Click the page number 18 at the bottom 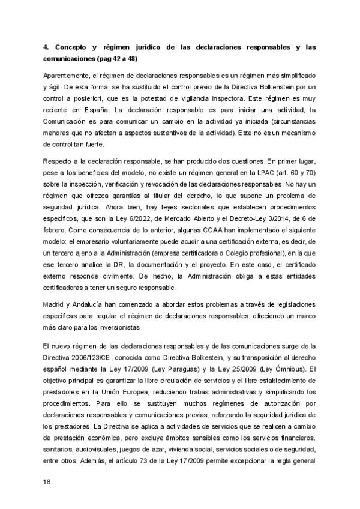47,481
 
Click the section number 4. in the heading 46,46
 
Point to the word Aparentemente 67,76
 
